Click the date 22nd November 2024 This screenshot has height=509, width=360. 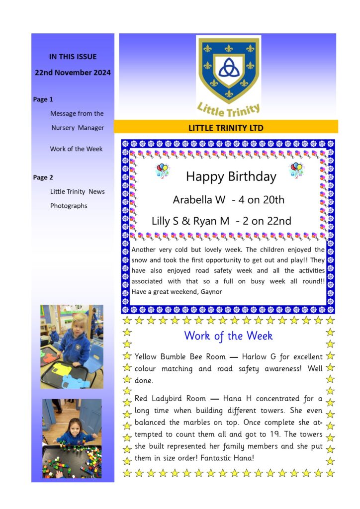pyautogui.click(x=73, y=73)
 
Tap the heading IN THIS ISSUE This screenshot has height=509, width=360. pyautogui.click(x=73, y=57)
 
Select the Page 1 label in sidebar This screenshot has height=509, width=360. pyautogui.click(x=43, y=99)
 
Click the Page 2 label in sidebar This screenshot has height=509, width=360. pyautogui.click(x=43, y=177)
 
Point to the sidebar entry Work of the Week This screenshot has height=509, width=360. pyautogui.click(x=76, y=149)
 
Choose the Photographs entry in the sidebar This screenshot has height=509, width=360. pyautogui.click(x=69, y=206)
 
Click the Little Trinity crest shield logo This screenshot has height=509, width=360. pyautogui.click(x=228, y=70)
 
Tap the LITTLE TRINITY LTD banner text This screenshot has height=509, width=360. pyautogui.click(x=226, y=128)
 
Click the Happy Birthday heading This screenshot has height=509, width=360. pyautogui.click(x=231, y=176)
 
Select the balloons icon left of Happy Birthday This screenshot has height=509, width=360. pyautogui.click(x=163, y=171)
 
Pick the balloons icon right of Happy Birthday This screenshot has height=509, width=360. pyautogui.click(x=297, y=170)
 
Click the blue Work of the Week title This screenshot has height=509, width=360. pyautogui.click(x=228, y=336)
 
